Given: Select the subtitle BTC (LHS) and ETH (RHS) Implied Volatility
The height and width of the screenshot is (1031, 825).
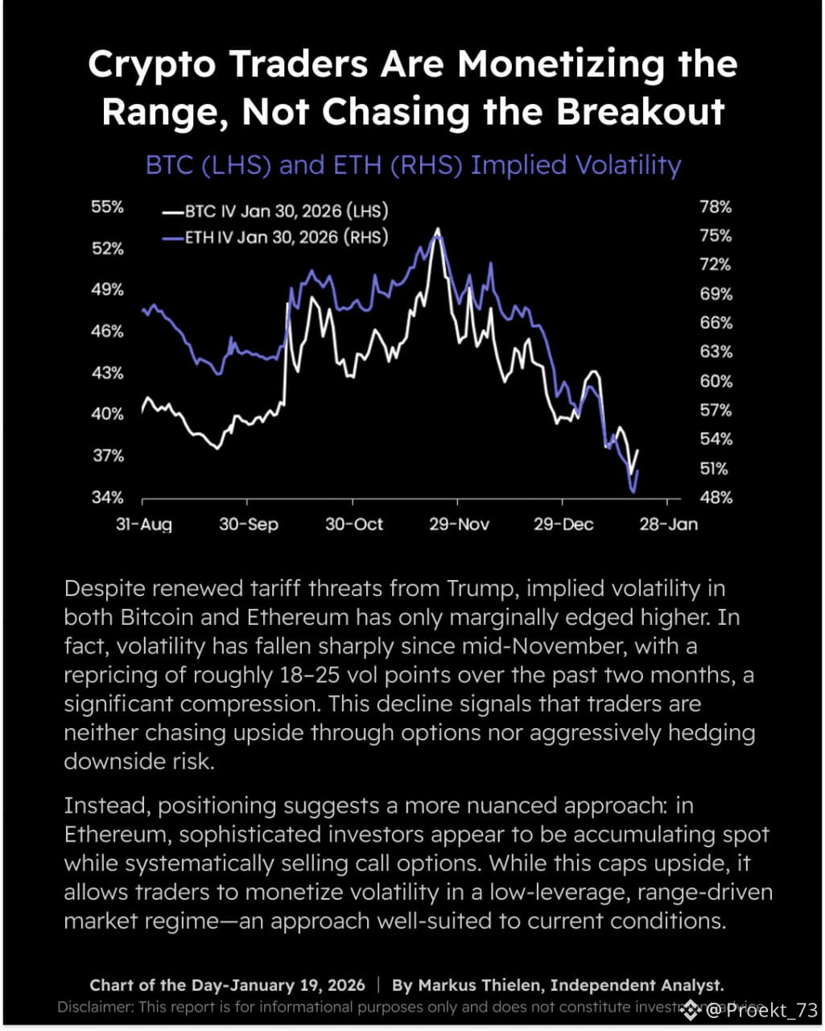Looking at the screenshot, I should click(413, 165).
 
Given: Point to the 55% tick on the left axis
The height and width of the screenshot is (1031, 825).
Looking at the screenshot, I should click(107, 207).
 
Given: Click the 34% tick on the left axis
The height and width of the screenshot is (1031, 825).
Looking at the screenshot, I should click(107, 497).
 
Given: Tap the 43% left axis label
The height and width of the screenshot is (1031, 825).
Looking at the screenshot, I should click(107, 373).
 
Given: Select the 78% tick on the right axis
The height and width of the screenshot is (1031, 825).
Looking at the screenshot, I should click(716, 207).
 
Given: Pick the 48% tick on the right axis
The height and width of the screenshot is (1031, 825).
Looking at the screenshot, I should click(716, 497).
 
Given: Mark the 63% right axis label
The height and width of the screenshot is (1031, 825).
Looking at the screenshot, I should click(716, 352).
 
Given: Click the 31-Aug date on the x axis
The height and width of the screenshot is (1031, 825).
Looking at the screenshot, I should click(144, 524).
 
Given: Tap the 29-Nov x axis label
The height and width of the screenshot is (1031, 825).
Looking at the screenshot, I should click(459, 524).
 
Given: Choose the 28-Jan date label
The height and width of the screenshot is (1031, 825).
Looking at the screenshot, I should click(668, 524).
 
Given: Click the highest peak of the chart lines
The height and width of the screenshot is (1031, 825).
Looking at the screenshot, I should click(437, 230).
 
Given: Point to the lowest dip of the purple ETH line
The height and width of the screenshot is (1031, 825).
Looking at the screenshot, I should click(633, 491).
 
